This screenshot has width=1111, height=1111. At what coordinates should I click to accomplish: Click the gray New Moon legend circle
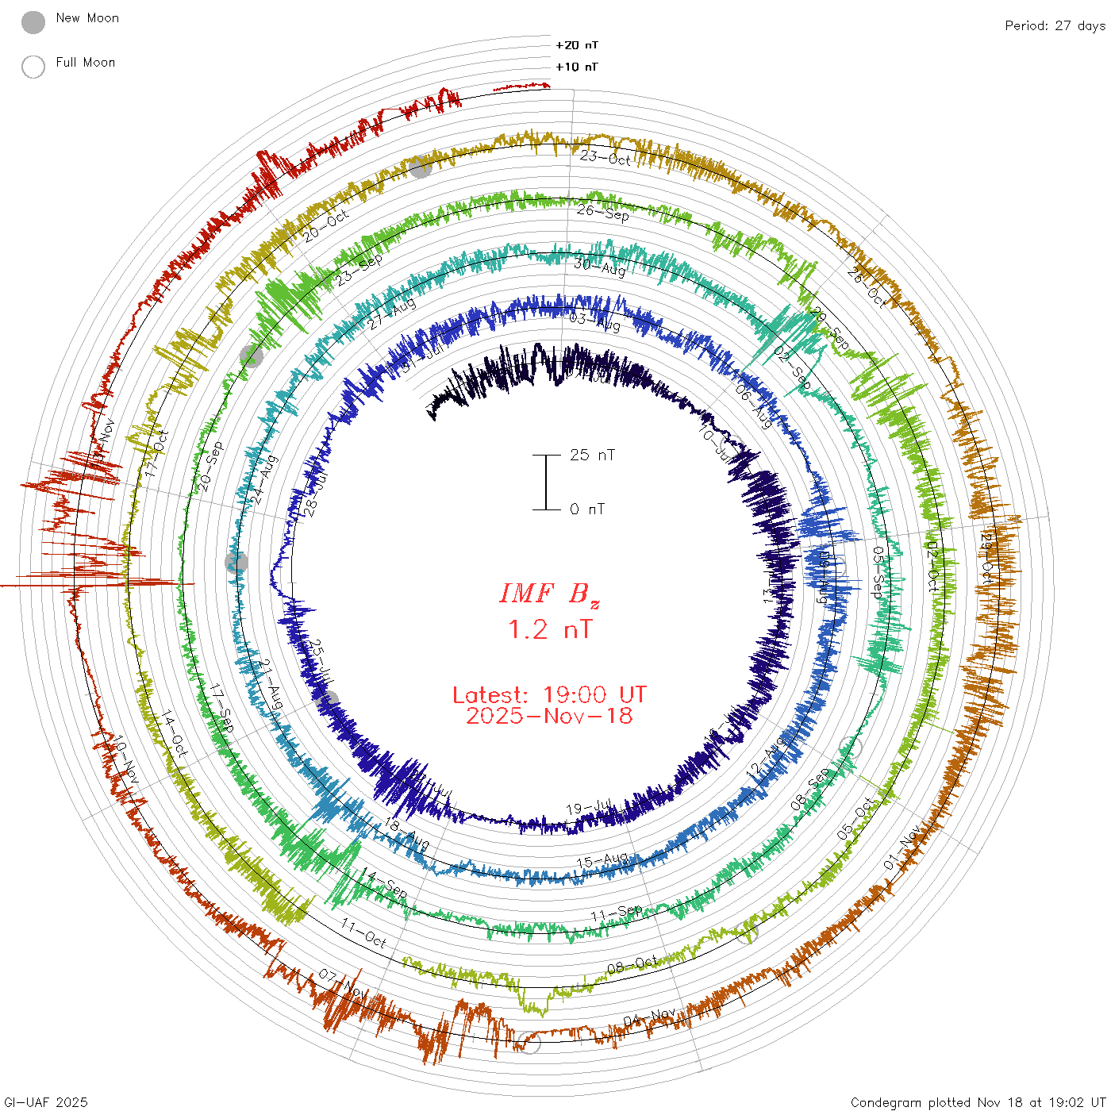coord(33,23)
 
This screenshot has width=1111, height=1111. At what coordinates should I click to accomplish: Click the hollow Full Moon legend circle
coord(33,67)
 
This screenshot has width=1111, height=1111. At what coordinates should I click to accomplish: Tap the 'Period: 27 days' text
coord(1055,26)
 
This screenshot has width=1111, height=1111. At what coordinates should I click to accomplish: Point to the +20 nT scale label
coord(577,45)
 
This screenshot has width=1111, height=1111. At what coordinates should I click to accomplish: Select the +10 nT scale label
coord(577,67)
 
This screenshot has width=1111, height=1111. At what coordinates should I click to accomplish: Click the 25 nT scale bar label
coord(592,455)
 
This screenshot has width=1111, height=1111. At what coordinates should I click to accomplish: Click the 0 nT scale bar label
coord(587,509)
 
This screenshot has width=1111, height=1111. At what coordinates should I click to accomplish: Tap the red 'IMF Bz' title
coord(549,593)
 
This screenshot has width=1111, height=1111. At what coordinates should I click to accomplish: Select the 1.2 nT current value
coord(549,630)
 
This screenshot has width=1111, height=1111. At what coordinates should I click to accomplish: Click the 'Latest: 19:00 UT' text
coord(549,695)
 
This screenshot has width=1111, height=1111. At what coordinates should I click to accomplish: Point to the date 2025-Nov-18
coord(549,716)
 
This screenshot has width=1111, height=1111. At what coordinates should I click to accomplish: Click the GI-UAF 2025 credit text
coord(46,1102)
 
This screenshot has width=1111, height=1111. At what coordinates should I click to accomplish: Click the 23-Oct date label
coord(605,157)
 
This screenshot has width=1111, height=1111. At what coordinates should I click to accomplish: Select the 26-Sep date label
coord(603,213)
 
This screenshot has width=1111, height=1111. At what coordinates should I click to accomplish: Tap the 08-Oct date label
coord(632,964)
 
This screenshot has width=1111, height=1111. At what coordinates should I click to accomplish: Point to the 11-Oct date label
coord(363,933)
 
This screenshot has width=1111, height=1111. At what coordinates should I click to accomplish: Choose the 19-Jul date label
coord(590,809)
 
